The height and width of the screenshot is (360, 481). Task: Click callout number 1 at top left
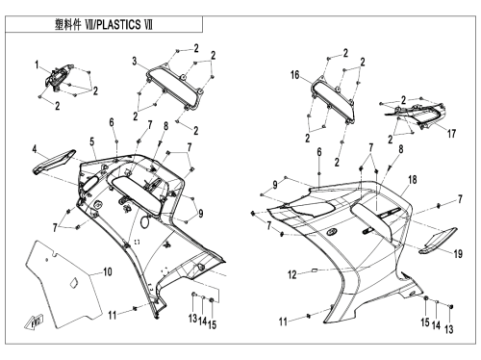coord(37,65)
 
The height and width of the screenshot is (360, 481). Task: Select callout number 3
coord(135,61)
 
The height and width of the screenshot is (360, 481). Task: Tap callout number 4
coord(35,149)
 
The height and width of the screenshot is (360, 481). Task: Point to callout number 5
coord(92,141)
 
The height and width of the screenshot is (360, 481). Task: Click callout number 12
coord(292,275)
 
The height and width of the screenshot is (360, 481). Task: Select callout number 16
coord(295,75)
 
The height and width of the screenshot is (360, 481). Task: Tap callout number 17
coord(452,134)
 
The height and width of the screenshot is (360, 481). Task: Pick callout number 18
coord(413,180)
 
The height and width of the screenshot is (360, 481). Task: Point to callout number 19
coord(459,254)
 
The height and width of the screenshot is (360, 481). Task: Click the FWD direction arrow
coord(34,321)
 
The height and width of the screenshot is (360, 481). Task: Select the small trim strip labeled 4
coord(53,162)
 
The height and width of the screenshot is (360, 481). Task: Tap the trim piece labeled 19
coord(438,241)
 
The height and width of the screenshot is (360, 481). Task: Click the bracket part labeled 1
coord(57,77)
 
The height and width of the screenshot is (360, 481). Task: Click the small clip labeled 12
coord(315,270)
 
